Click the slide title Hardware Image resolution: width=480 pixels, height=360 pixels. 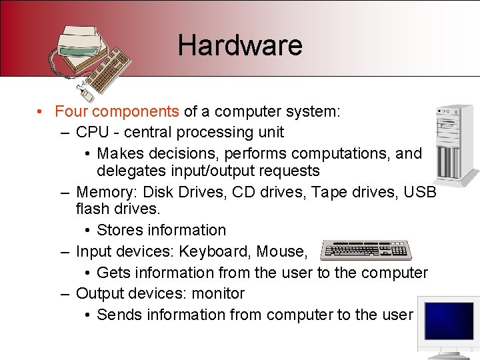pyautogui.click(x=240, y=45)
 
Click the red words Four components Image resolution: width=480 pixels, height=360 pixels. pyautogui.click(x=117, y=111)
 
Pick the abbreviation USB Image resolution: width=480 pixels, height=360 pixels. pyautogui.click(x=421, y=192)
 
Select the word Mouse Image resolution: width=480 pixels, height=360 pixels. pyautogui.click(x=283, y=251)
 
